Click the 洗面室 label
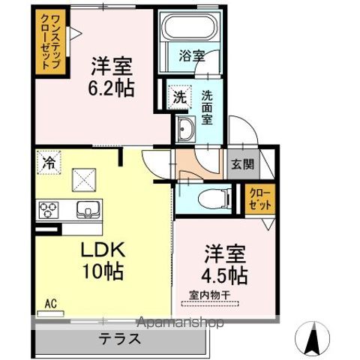click(x=209, y=102)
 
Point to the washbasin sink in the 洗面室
click(x=184, y=131)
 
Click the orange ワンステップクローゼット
click(x=47, y=42)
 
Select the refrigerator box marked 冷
click(x=48, y=160)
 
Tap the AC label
click(x=51, y=304)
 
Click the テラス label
click(x=120, y=338)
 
